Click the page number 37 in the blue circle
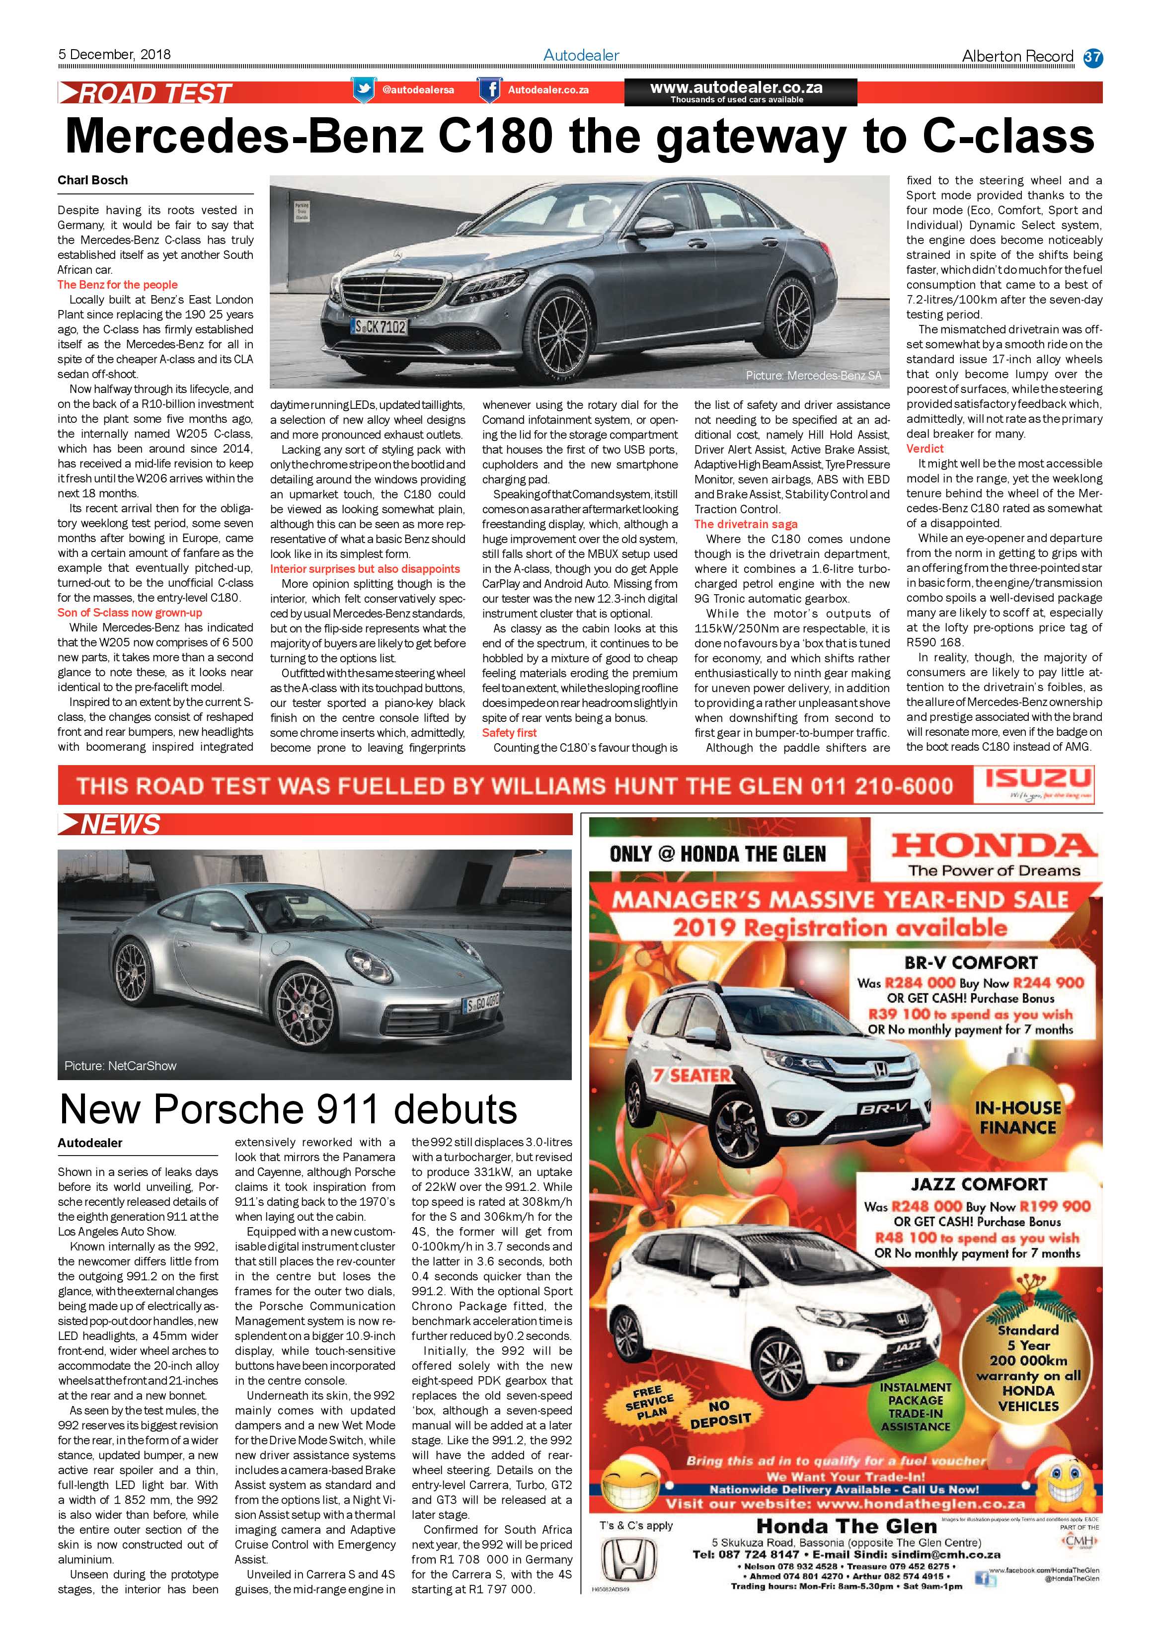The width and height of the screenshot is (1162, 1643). (x=1092, y=57)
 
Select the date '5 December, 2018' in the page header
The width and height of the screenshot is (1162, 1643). (x=114, y=54)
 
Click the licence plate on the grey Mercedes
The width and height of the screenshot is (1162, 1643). (x=380, y=327)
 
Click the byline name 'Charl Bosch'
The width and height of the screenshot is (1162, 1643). (x=93, y=180)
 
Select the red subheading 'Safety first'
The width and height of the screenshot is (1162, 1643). (x=509, y=733)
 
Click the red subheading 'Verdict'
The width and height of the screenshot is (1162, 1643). (x=925, y=449)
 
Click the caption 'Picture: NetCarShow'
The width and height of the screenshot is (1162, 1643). (x=120, y=1066)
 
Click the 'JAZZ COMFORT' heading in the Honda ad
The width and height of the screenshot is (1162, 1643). (x=979, y=1183)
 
